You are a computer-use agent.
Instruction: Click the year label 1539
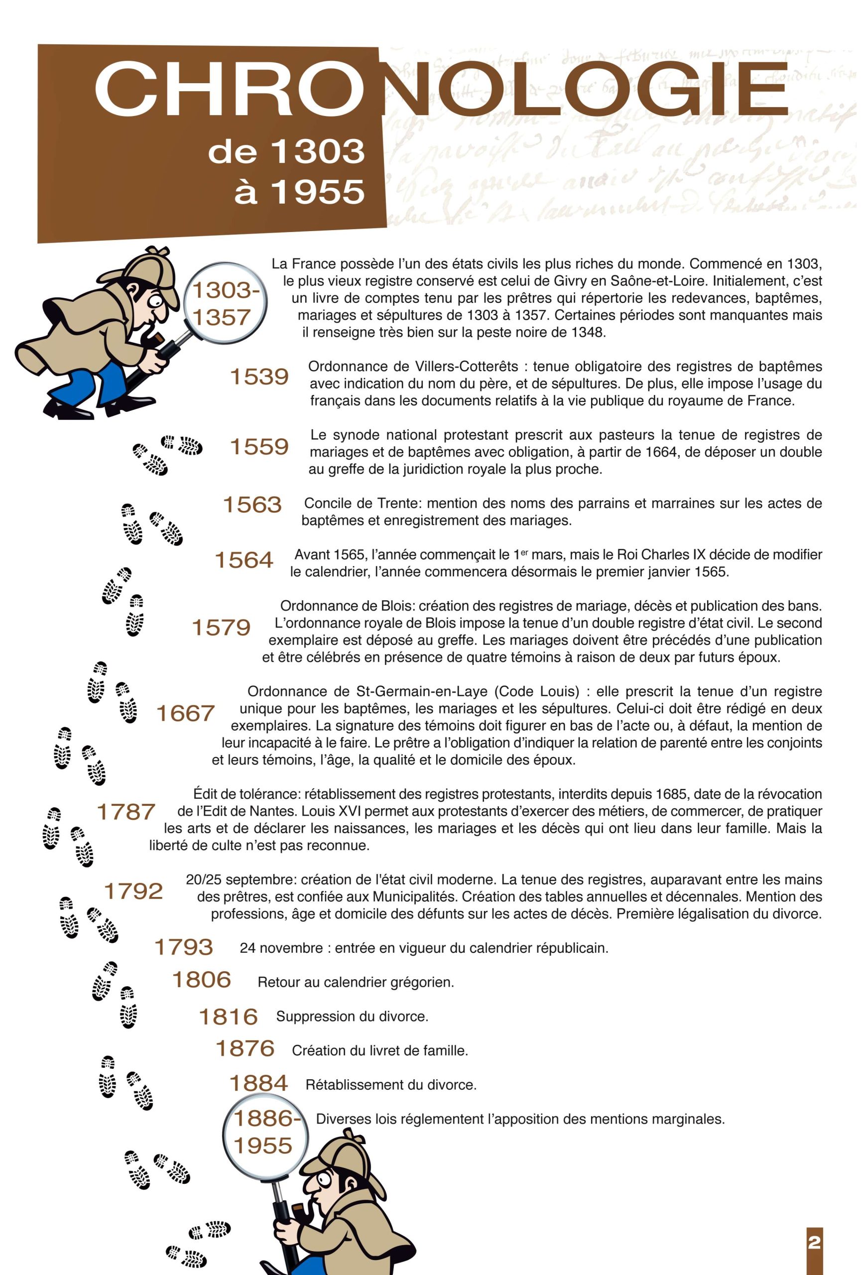(259, 377)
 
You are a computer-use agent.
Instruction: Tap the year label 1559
(259, 447)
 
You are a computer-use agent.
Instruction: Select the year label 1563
(252, 505)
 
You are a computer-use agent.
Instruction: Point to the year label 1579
(221, 628)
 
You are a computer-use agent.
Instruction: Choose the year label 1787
(126, 812)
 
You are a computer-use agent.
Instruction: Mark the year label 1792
(133, 892)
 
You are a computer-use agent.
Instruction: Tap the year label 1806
(202, 980)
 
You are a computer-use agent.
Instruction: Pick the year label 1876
(245, 1049)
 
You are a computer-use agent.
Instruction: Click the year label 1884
(258, 1084)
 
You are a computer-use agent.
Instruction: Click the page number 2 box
(814, 1242)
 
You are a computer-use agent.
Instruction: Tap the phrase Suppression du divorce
(352, 1017)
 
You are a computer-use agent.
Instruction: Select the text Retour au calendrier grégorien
(356, 982)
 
